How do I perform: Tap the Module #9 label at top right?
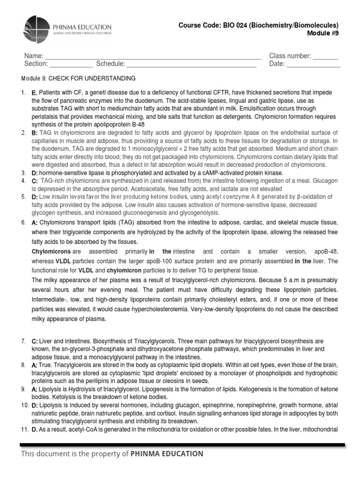(322, 33)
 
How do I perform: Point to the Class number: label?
(290, 56)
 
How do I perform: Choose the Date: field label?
(277, 64)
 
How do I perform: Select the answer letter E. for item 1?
(35, 92)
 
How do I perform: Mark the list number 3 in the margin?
(23, 173)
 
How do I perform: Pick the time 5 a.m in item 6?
(280, 280)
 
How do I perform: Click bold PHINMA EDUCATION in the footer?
(167, 454)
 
